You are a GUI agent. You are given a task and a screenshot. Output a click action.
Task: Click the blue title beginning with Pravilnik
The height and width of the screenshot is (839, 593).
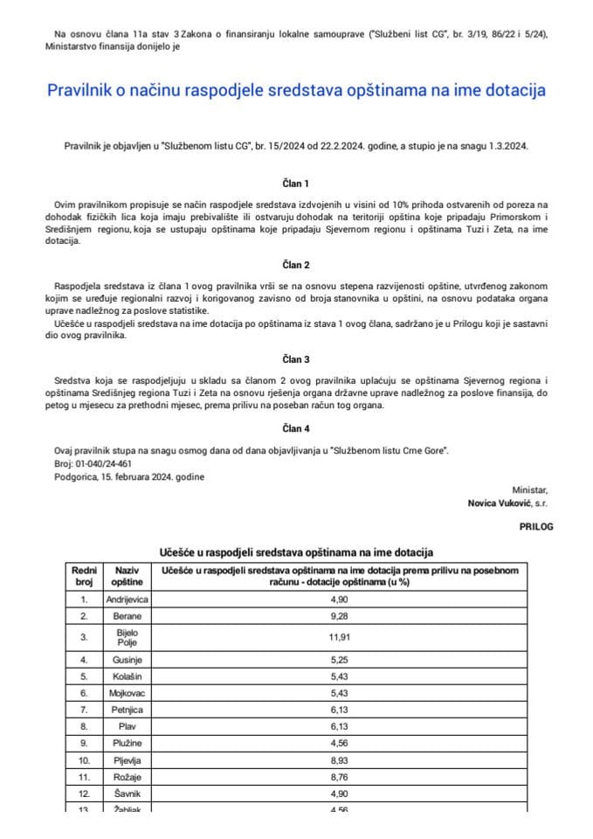[295, 90]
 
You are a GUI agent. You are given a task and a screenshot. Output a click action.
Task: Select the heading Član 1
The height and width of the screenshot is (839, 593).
[295, 184]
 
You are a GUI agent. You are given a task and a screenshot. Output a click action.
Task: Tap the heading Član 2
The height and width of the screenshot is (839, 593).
[295, 264]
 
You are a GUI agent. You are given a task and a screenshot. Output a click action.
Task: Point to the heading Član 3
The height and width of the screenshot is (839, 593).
[295, 359]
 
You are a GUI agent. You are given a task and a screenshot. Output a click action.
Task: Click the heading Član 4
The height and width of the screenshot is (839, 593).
[295, 428]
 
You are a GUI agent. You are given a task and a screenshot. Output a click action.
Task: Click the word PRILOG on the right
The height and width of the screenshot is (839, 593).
[535, 527]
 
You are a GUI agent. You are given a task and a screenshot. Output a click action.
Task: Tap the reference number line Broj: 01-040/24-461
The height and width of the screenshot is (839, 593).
[93, 463]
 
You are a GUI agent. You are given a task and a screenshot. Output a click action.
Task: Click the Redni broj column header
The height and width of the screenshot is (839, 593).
[84, 576]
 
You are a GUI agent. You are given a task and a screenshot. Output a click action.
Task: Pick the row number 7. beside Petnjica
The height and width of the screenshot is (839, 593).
[84, 708]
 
